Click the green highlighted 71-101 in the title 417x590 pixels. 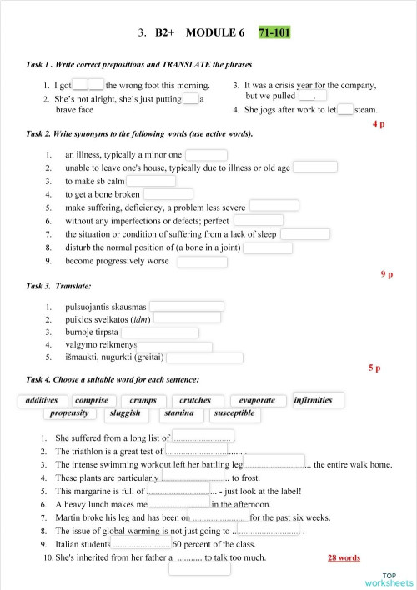(274, 33)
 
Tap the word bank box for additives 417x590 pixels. (42, 401)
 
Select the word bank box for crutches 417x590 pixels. (195, 401)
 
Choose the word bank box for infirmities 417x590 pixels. (313, 401)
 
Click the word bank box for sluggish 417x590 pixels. (125, 413)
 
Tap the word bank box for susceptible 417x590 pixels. (234, 413)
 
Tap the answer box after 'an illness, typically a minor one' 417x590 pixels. (206, 154)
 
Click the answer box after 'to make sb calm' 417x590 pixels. (151, 181)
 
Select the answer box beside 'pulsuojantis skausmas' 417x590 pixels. (186, 306)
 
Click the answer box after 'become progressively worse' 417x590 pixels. (203, 261)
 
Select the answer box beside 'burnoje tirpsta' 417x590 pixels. (160, 332)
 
